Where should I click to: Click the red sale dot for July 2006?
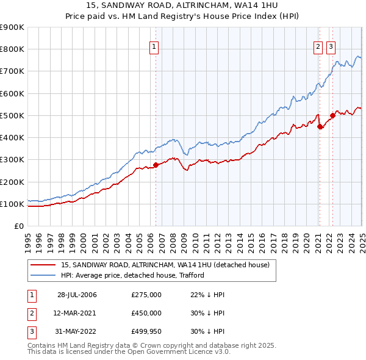(156, 165)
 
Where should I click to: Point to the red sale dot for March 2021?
(320, 127)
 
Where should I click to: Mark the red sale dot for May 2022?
(332, 115)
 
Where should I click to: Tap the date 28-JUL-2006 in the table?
(77, 295)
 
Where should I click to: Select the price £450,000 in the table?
(146, 313)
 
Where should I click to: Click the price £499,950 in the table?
(146, 331)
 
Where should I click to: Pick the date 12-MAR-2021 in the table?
(77, 313)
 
